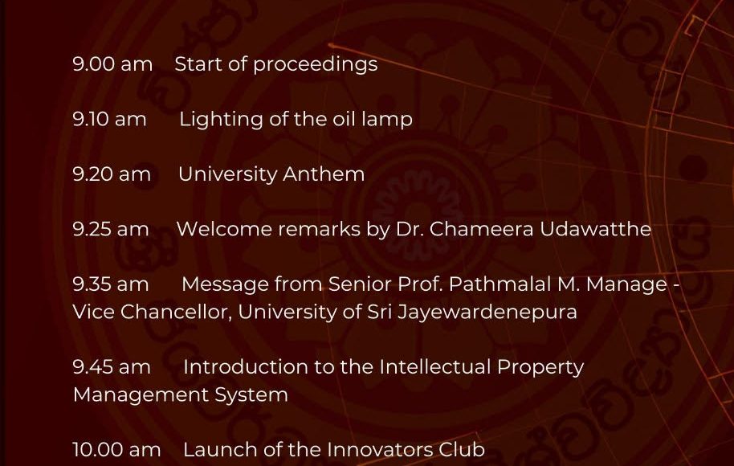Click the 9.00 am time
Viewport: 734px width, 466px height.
coord(112,64)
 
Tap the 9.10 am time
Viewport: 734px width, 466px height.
coord(109,119)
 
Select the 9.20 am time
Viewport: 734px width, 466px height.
coord(112,174)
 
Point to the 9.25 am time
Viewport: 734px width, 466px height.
coord(111,229)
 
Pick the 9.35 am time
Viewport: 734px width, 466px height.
coord(111,284)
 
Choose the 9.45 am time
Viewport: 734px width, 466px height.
coord(112,366)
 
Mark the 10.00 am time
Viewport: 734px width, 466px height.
coord(117,450)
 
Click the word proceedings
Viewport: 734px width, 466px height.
coord(316,65)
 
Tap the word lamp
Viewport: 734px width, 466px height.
coord(387,120)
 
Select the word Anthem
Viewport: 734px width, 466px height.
coord(324,174)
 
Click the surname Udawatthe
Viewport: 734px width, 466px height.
coord(595,229)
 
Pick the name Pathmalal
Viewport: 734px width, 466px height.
coord(499,284)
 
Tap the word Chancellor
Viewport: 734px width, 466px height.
coord(176,312)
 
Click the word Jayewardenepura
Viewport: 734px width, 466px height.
coord(487,313)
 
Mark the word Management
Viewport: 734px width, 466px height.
coord(141,395)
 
